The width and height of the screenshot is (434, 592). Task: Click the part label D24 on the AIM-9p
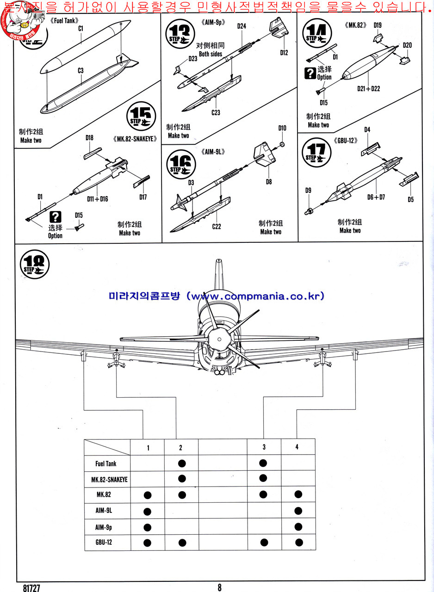point(242,26)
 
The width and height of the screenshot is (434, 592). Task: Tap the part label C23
point(216,112)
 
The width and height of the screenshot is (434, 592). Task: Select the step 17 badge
point(316,152)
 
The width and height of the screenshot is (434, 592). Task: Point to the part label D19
point(377,25)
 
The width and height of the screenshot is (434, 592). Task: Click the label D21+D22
point(368,88)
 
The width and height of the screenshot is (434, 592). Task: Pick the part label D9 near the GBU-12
point(308,190)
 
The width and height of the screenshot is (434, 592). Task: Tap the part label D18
point(90,138)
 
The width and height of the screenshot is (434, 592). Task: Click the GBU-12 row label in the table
point(103,542)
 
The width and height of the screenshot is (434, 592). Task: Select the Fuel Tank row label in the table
point(106,463)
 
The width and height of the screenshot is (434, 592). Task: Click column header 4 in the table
point(297,447)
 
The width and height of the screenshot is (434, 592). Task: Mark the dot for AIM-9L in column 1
point(148,511)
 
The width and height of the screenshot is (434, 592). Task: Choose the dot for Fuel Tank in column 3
point(263,463)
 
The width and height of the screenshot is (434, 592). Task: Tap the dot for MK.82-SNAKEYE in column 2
point(181,478)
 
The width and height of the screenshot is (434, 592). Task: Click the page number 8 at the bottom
point(219,587)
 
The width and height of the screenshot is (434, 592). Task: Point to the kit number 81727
point(30,588)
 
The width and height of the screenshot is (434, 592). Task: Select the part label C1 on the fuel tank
point(81,29)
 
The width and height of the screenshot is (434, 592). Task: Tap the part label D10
point(282,128)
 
